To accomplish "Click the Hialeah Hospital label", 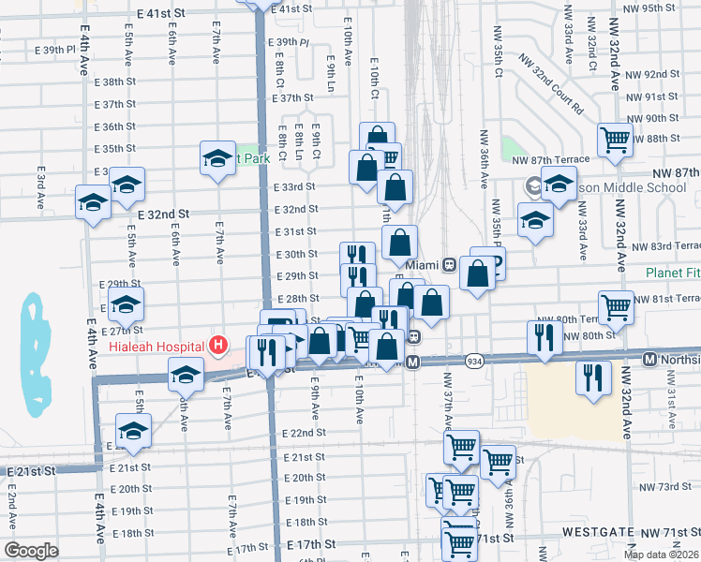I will pyautogui.click(x=156, y=345).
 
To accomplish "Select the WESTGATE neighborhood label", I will pyautogui.click(x=599, y=531).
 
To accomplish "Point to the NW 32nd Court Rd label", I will pyautogui.click(x=544, y=91).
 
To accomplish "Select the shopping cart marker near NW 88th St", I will pyautogui.click(x=616, y=140).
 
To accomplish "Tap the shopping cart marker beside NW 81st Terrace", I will pyautogui.click(x=617, y=305).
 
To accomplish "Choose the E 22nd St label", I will pyautogui.click(x=304, y=434).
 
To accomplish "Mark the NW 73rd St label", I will pyautogui.click(x=673, y=487).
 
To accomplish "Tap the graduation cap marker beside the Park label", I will pyautogui.click(x=217, y=157).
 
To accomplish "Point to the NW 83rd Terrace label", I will pyautogui.click(x=665, y=245).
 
